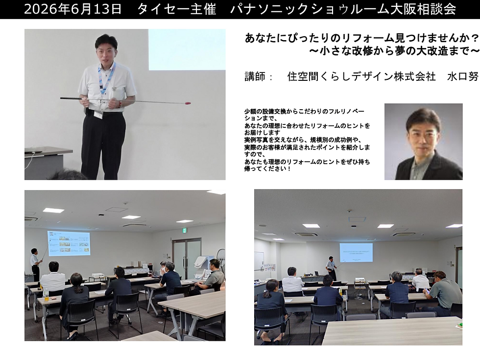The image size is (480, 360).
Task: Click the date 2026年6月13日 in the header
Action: click(x=73, y=9)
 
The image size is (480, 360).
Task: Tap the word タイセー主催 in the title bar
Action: click(x=177, y=9)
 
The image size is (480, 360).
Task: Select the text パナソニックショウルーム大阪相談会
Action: click(x=343, y=9)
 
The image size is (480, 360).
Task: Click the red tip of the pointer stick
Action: click(x=189, y=103)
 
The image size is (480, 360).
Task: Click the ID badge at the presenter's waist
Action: click(x=98, y=114)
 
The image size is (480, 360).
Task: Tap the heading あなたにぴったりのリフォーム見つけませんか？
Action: click(x=361, y=38)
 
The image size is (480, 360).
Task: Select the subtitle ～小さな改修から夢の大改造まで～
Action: click(x=394, y=50)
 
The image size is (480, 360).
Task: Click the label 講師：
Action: click(x=259, y=76)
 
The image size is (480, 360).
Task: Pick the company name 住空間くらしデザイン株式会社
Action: click(x=361, y=76)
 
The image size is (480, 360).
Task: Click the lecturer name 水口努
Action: click(x=462, y=76)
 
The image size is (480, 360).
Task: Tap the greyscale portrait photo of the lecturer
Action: click(x=423, y=142)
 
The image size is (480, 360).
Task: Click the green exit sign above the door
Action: click(x=184, y=230)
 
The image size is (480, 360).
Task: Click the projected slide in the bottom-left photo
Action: click(x=69, y=243)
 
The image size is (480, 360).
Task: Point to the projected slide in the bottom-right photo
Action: click(x=356, y=253)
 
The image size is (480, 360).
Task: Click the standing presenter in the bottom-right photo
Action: click(x=331, y=268)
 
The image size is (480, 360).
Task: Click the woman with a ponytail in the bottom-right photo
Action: click(x=271, y=306)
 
